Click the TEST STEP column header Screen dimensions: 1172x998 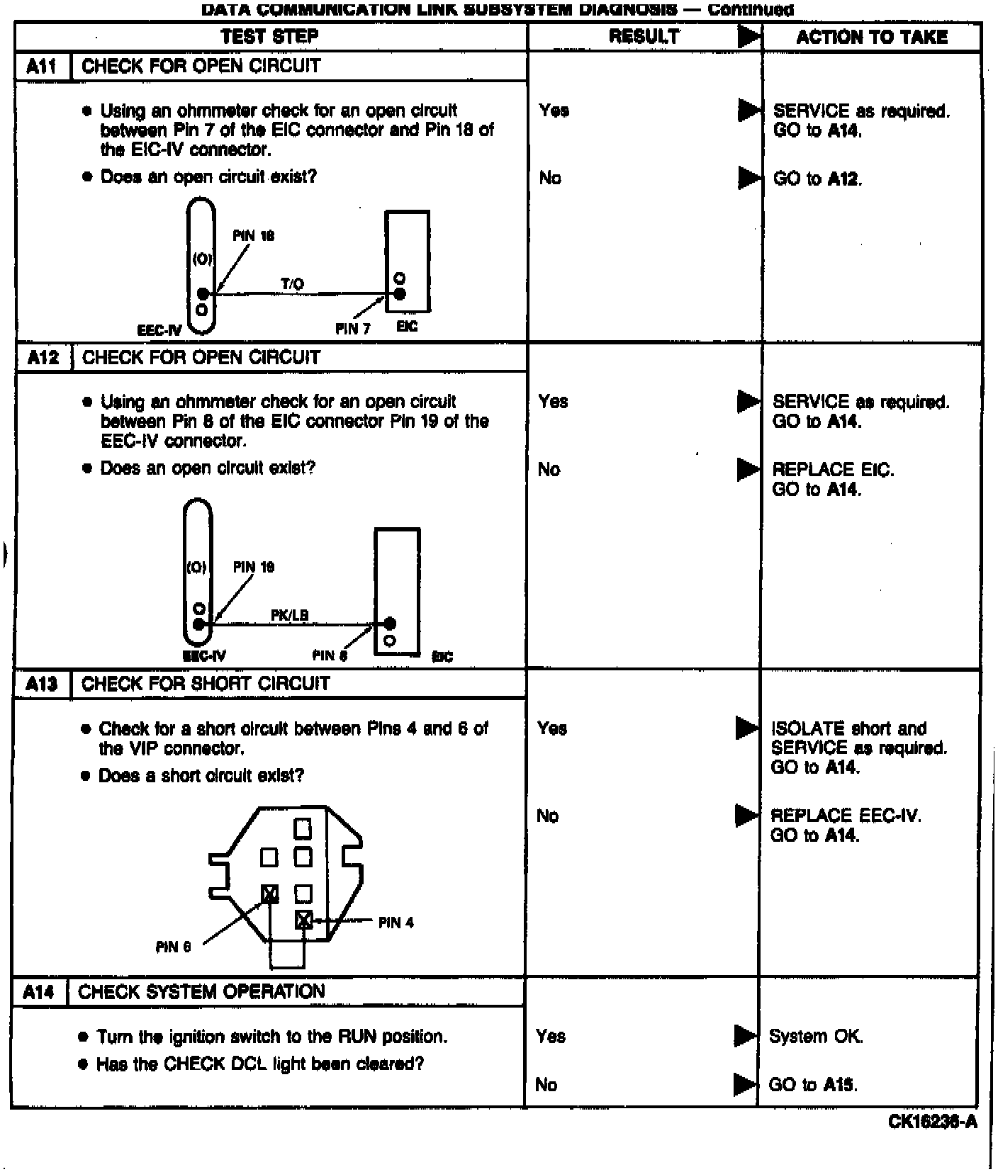[269, 36]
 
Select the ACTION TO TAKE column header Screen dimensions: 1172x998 [871, 37]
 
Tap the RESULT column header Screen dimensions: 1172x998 [644, 36]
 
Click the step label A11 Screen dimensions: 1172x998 [42, 67]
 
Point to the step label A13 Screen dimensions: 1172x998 [41, 684]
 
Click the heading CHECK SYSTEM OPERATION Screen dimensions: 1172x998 [201, 991]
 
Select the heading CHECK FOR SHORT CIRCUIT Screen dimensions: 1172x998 [206, 684]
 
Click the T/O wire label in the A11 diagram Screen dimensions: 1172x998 [292, 284]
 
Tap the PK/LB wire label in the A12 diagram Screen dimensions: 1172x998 [289, 615]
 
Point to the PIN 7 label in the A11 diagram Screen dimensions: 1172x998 [352, 329]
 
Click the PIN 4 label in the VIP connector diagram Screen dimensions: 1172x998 [396, 923]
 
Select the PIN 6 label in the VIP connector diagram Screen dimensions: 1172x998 [174, 947]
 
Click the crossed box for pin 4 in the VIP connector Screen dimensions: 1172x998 [303, 920]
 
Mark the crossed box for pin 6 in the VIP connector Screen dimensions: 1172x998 [269, 894]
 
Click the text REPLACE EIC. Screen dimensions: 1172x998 [833, 470]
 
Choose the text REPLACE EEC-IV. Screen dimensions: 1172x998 [846, 816]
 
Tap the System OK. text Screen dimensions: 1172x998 [816, 1037]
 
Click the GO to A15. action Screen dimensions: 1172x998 [813, 1085]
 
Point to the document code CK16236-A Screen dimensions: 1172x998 [932, 1122]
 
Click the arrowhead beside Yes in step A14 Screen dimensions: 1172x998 [745, 1036]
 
